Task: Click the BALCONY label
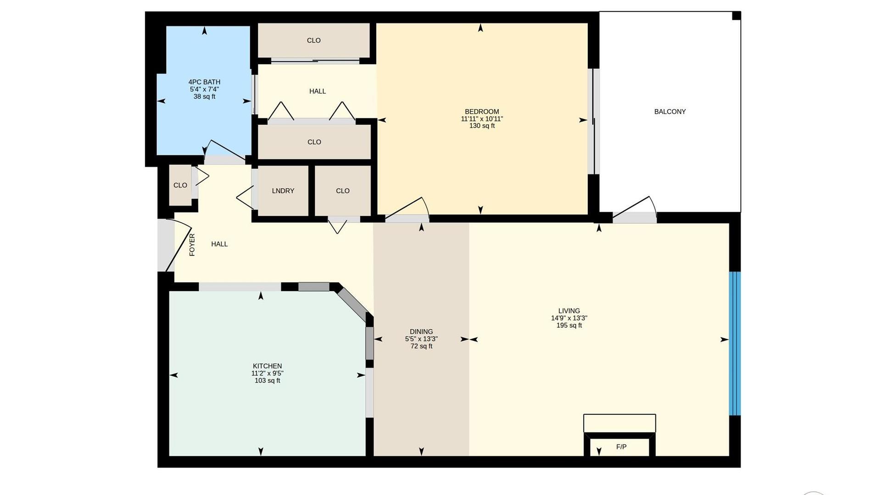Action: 670,111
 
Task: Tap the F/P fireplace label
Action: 621,447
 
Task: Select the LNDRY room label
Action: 283,191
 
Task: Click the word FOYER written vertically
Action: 192,245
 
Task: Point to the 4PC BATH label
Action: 204,82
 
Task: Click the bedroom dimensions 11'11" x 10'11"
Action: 482,119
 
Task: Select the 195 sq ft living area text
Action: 569,325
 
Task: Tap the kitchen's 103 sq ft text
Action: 268,380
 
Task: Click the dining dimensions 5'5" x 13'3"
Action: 421,339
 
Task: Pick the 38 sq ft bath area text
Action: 204,97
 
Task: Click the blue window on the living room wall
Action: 735,343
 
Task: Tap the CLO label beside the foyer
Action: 180,185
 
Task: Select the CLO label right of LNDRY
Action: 343,191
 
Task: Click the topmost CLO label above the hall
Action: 314,40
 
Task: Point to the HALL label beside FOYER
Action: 219,244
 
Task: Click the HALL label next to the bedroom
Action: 318,91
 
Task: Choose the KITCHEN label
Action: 268,366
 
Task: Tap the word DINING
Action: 421,332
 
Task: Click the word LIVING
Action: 569,311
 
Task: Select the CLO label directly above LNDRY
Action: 314,142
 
